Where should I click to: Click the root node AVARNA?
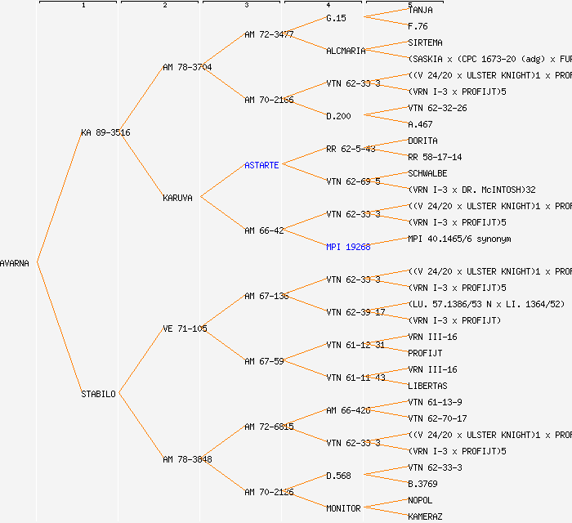(15, 263)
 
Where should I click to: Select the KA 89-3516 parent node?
(105, 132)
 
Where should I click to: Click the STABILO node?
(98, 394)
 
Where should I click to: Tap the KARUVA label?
(178, 198)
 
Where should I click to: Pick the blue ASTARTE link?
(261, 165)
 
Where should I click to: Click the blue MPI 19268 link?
(348, 247)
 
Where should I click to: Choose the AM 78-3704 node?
(187, 67)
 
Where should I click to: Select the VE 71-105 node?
(185, 329)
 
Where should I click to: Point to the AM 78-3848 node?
(187, 459)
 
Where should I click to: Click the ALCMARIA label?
(346, 51)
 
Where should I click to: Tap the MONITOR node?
(343, 508)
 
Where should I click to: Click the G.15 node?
(336, 18)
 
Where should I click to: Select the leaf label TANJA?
(420, 10)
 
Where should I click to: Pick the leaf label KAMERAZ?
(425, 516)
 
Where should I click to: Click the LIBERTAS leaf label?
(427, 386)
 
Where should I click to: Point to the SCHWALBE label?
(427, 173)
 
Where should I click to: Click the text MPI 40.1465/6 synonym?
(458, 239)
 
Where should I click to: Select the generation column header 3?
(246, 6)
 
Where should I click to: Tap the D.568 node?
(338, 476)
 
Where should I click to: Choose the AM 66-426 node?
(348, 410)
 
